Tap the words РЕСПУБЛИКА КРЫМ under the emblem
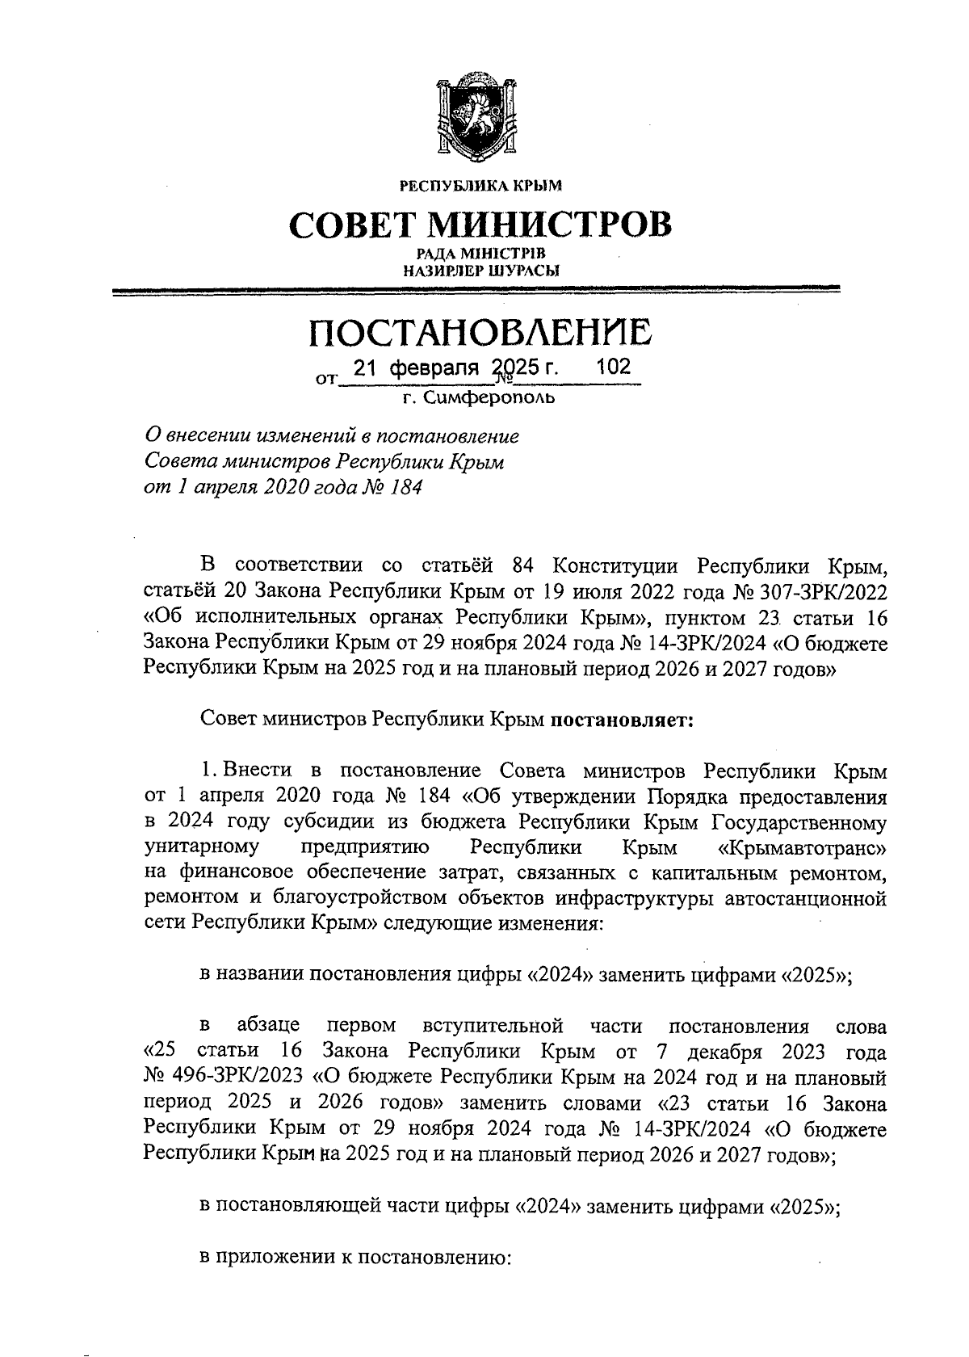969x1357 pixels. click(481, 187)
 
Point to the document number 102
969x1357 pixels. click(613, 368)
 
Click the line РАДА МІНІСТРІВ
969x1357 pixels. click(481, 254)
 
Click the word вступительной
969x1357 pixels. click(493, 1027)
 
